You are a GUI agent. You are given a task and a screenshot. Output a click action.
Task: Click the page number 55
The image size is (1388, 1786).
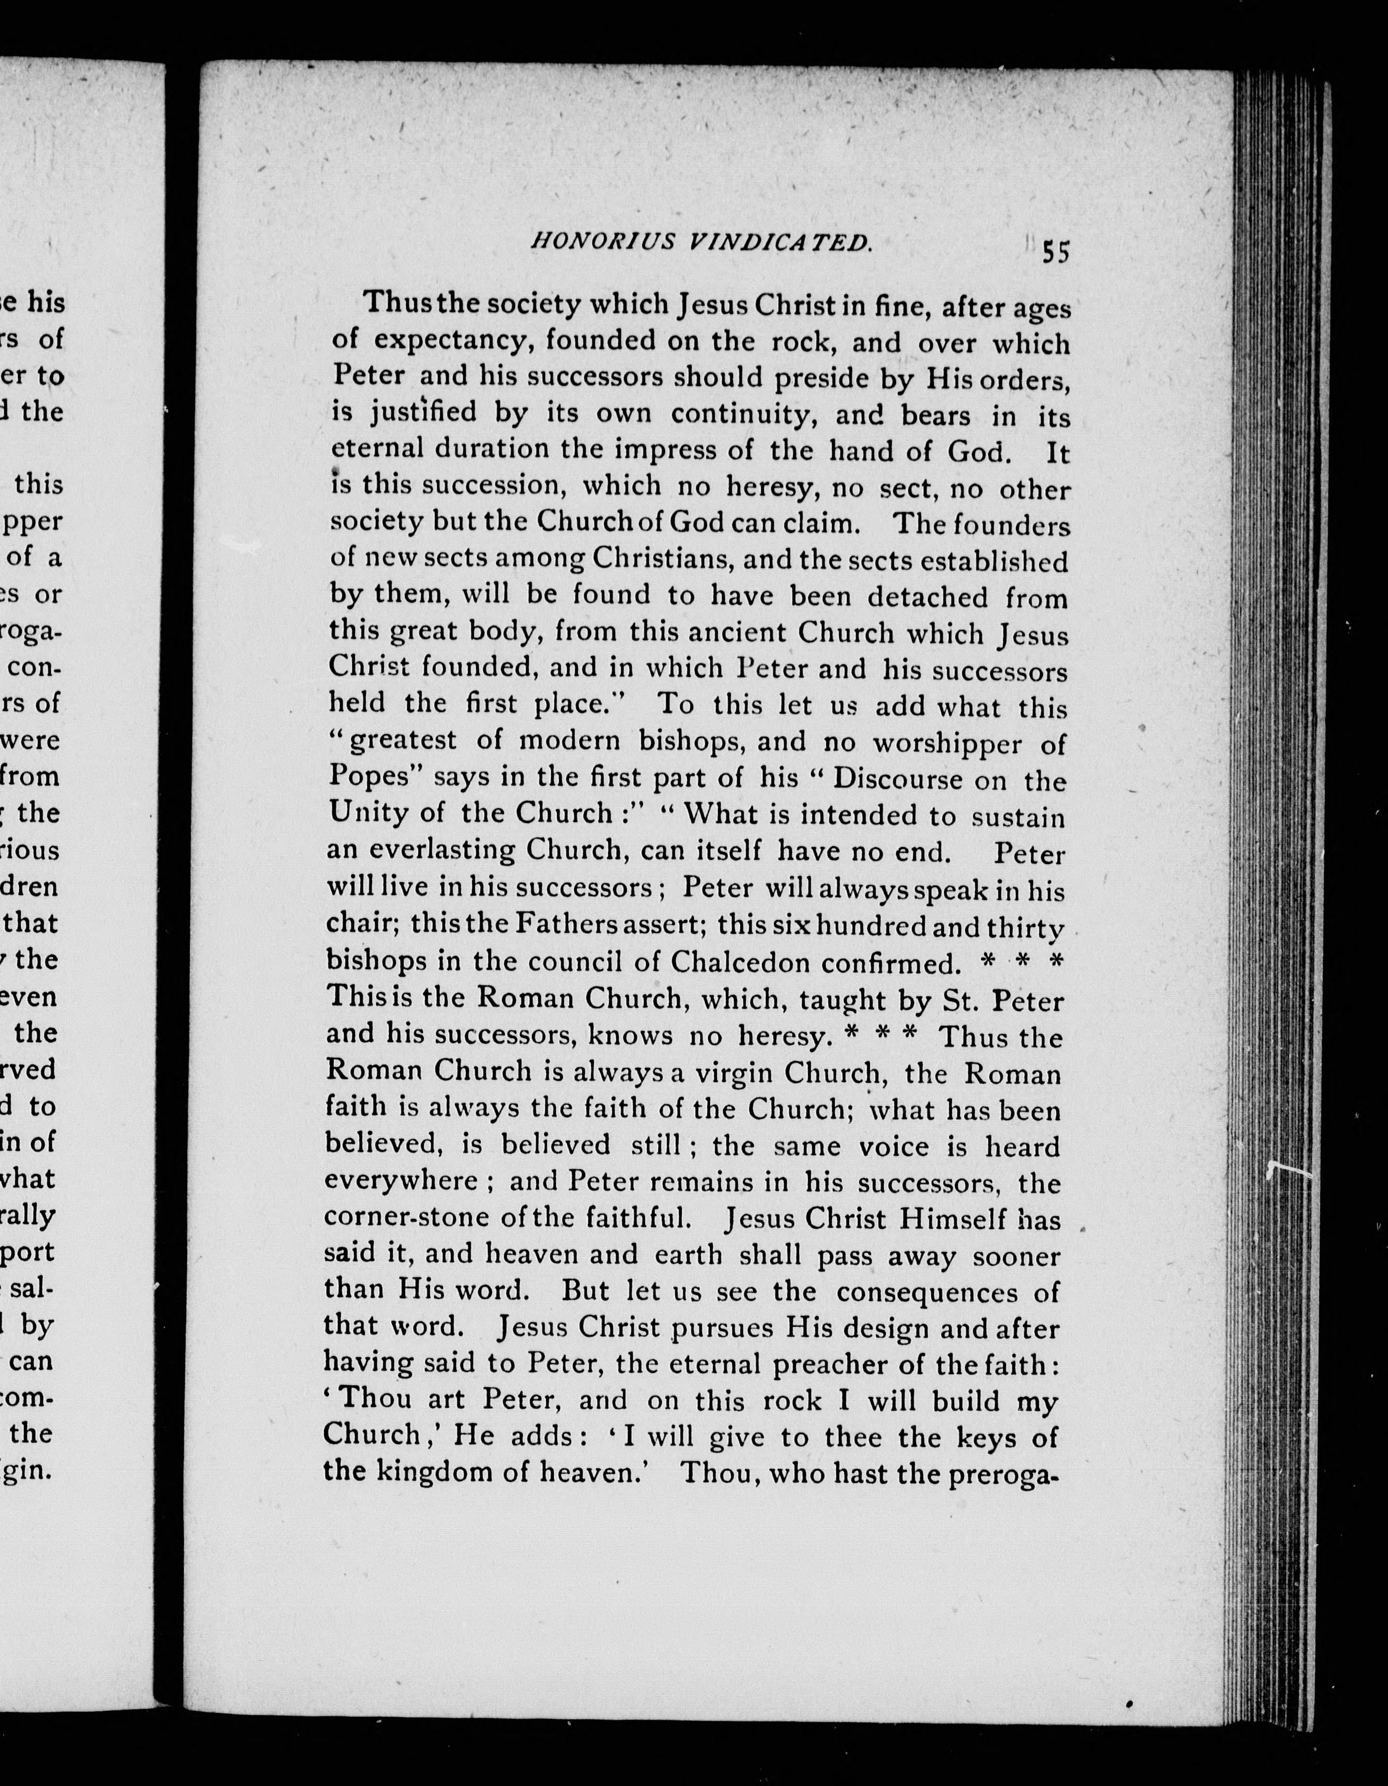pos(1055,252)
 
